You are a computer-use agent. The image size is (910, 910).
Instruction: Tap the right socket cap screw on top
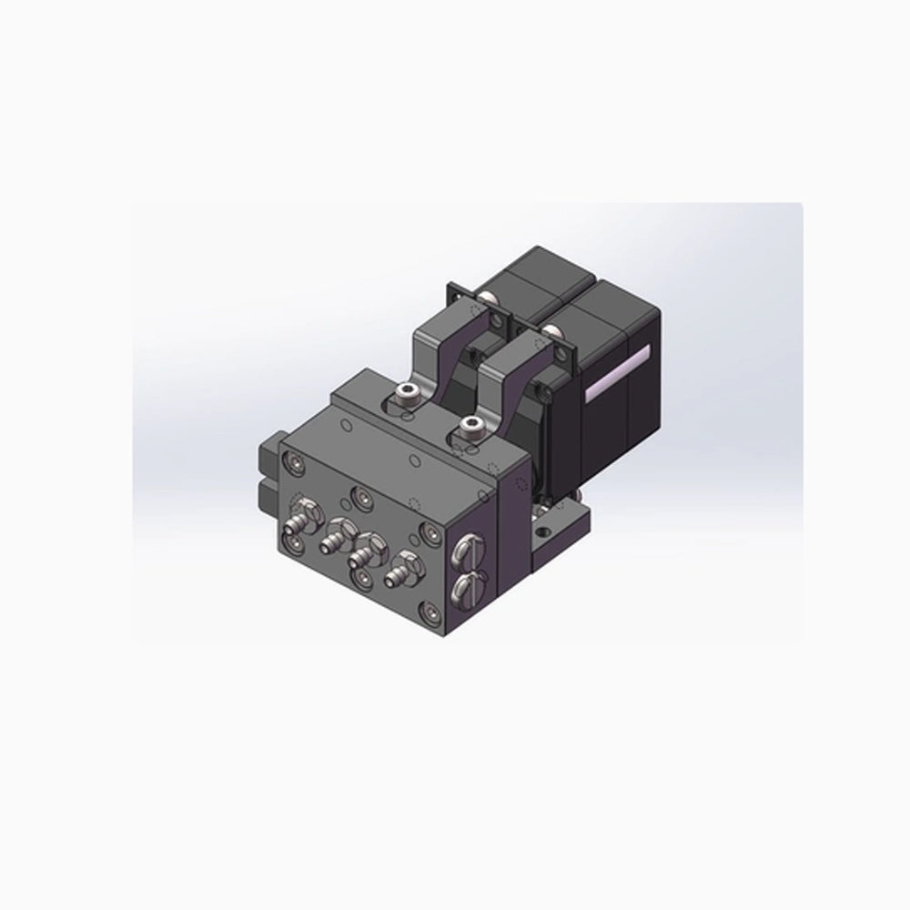[470, 428]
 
